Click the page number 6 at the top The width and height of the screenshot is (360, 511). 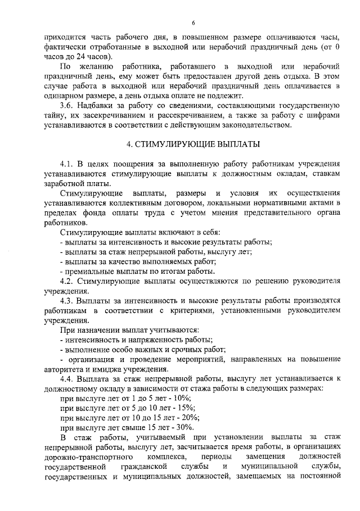pos(193,23)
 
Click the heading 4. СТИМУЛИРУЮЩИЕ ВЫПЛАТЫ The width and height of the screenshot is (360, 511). pos(193,144)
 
